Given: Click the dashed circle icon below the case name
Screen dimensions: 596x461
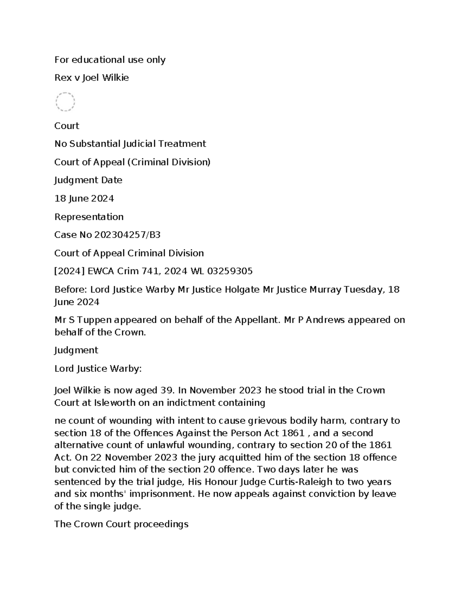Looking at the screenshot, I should point(65,102).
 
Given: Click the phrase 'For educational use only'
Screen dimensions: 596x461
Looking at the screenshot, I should point(110,60).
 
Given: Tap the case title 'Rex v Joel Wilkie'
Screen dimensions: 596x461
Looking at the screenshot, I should point(91,78).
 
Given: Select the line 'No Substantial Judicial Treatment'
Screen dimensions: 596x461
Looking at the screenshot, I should point(130,144).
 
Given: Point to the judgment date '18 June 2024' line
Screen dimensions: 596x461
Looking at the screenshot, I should point(84,199).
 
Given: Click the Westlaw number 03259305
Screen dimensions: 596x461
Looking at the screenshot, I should point(230,271).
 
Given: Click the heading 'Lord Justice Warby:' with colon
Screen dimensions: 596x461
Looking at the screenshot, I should point(98,369).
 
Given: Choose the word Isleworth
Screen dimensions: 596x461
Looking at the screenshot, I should point(115,403).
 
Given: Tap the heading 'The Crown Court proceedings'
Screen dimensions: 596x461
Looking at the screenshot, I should point(121,524).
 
